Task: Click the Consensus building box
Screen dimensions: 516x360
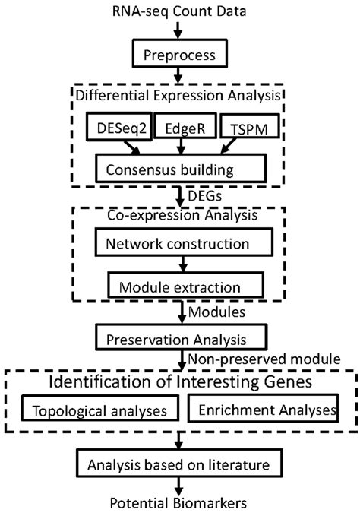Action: (x=180, y=166)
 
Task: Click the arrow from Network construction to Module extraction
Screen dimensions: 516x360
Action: (x=180, y=265)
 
